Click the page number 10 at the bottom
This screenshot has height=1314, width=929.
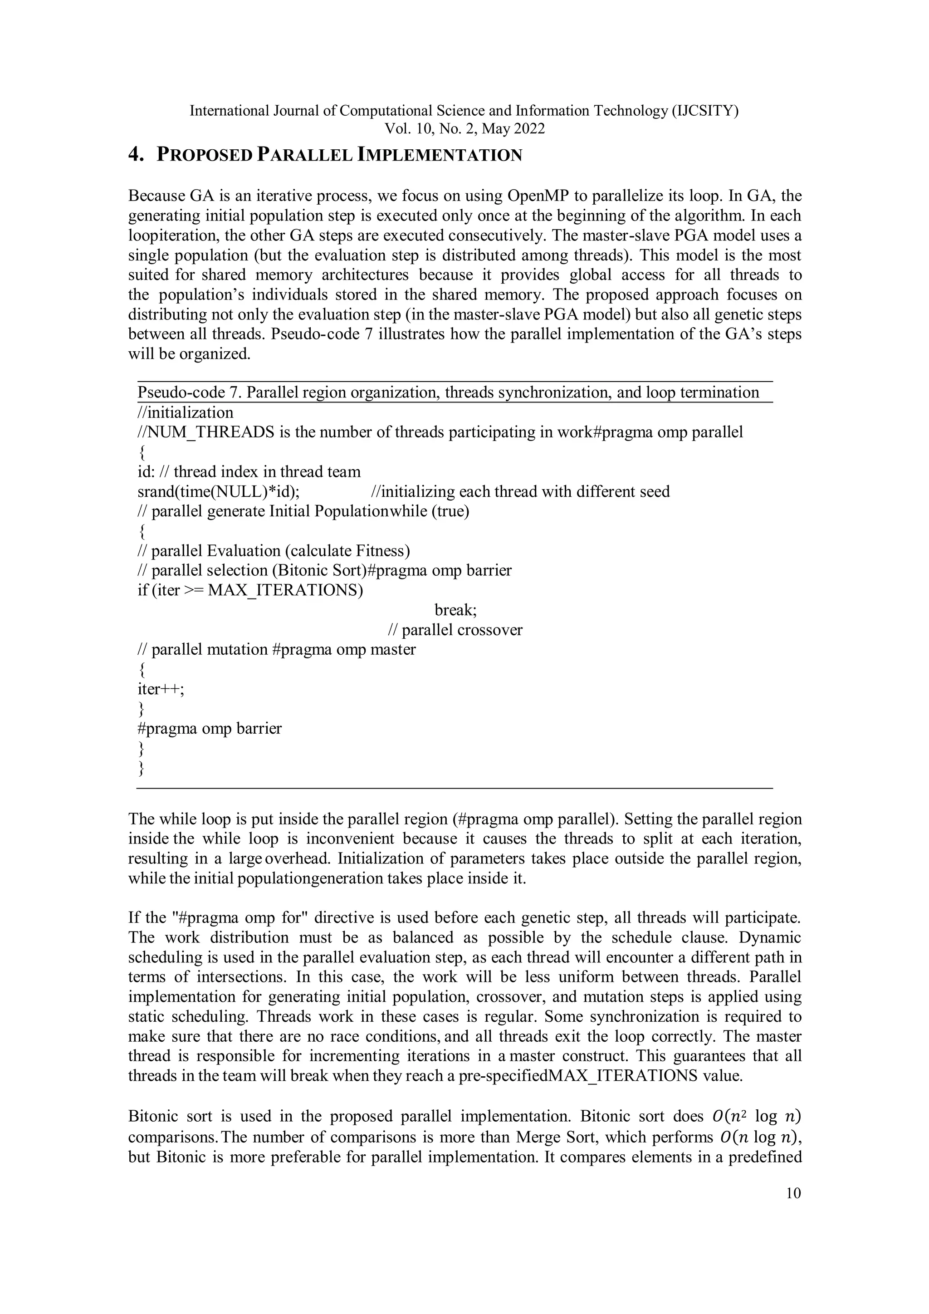click(x=793, y=1193)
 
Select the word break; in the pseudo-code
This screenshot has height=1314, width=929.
click(x=455, y=610)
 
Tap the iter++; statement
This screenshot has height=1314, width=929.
click(x=161, y=689)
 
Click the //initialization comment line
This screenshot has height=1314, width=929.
click(x=186, y=412)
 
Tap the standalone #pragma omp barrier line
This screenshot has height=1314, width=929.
click(x=210, y=729)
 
